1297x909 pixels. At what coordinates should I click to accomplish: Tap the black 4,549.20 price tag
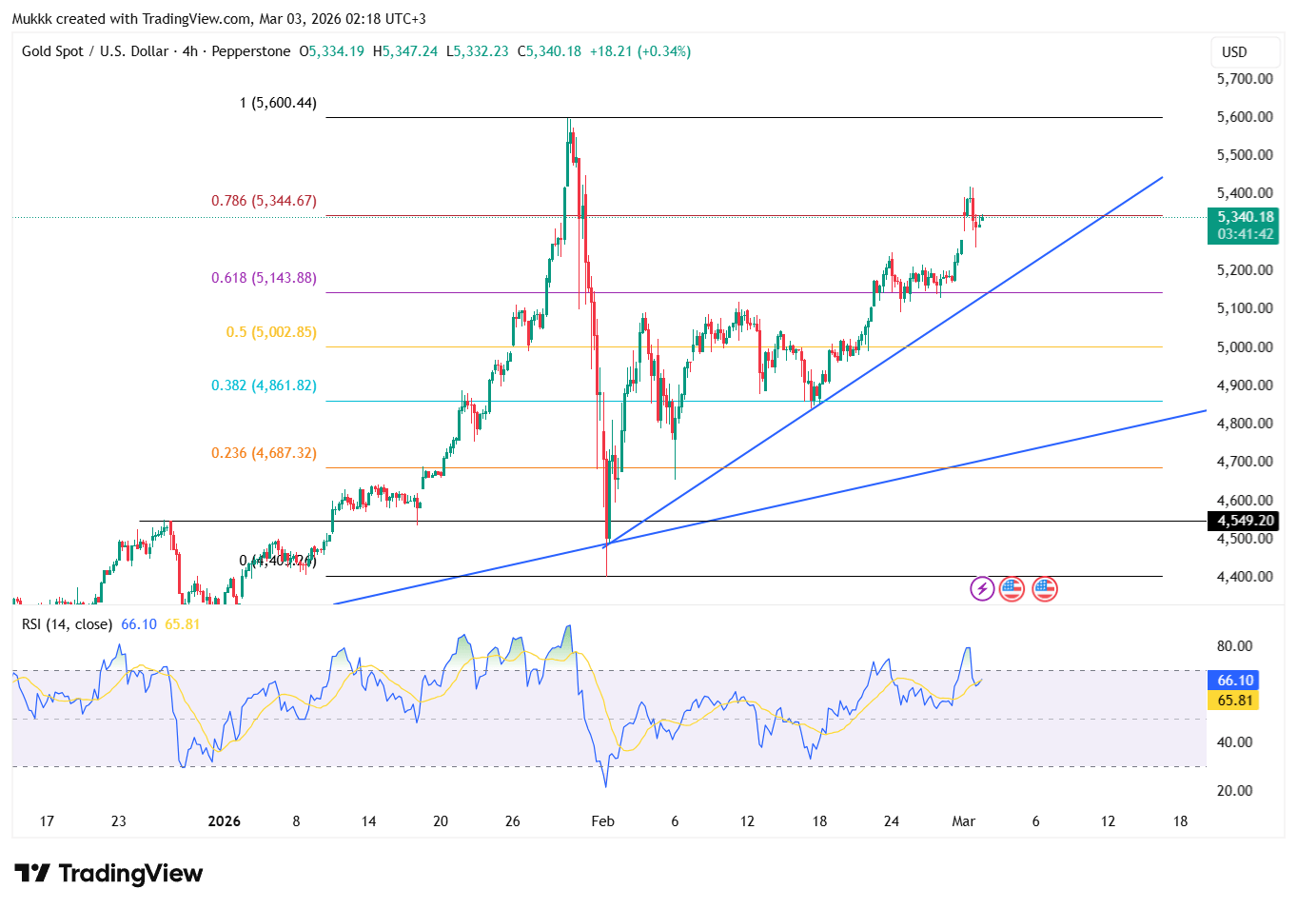pos(1242,521)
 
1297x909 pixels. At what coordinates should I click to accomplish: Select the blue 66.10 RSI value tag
pos(1234,681)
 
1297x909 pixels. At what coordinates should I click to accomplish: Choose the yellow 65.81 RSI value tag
pos(1234,701)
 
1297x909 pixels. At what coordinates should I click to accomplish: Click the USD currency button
pos(1234,52)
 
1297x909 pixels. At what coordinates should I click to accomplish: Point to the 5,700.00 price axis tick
pos(1245,79)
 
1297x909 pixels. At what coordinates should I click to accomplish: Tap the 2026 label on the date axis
pos(225,821)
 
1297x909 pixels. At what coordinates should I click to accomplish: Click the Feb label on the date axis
pos(602,821)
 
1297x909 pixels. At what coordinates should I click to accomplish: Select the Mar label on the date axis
pos(963,821)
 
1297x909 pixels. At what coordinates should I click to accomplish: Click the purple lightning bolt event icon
pos(982,589)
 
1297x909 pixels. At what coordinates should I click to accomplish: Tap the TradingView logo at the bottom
pos(109,873)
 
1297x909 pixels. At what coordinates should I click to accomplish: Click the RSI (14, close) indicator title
pos(68,624)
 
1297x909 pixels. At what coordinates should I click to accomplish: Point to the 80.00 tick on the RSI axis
pos(1234,646)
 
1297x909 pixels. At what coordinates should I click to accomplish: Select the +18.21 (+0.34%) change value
pos(639,51)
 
